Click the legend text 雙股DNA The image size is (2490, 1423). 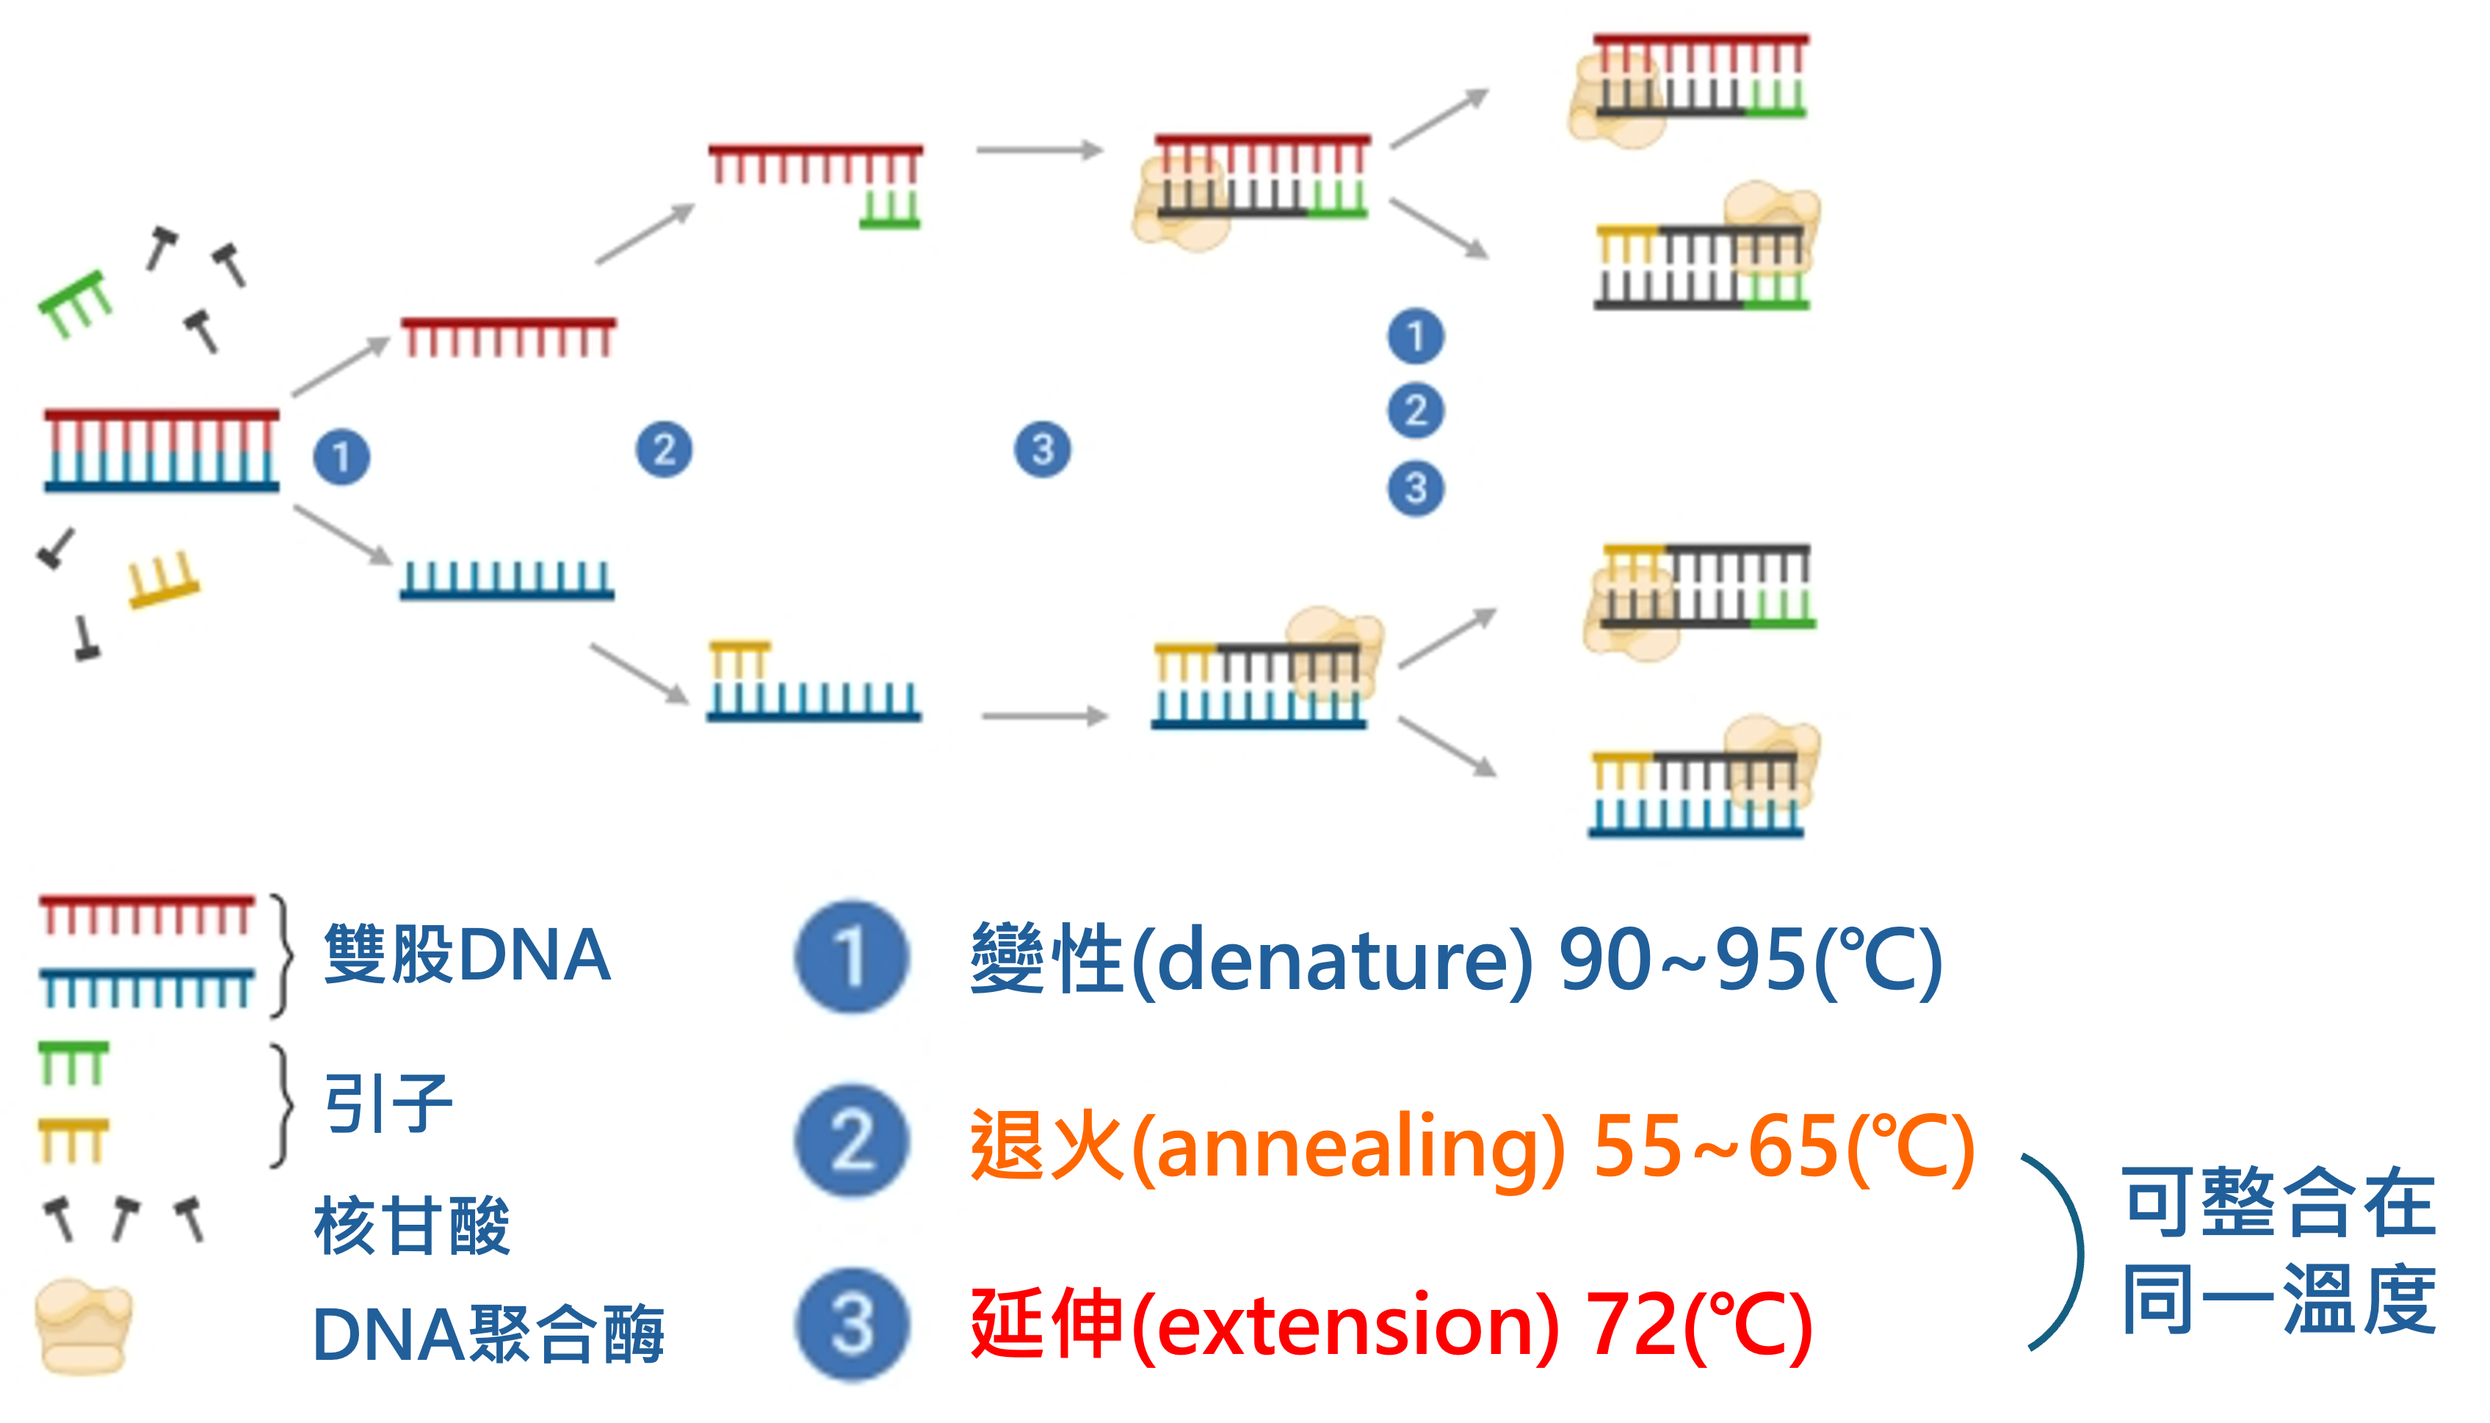[467, 955]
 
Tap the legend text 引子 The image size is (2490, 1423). [388, 1104]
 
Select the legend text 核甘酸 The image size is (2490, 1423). [411, 1225]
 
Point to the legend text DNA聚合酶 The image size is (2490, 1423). [488, 1334]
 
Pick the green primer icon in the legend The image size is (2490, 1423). [73, 1063]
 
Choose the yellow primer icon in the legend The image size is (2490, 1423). [73, 1140]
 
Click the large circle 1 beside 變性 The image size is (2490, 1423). [851, 956]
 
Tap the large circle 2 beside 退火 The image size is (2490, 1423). [851, 1140]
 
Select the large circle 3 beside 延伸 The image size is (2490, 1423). [851, 1325]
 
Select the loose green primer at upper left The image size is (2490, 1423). [74, 304]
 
